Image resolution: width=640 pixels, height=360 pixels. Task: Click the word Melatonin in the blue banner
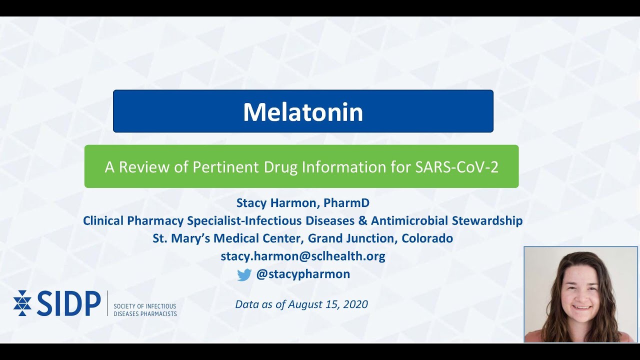(303, 112)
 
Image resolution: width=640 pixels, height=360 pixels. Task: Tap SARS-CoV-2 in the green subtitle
(457, 167)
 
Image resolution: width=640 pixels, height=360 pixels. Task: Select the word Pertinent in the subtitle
(225, 167)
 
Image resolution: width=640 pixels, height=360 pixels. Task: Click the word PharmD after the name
(346, 203)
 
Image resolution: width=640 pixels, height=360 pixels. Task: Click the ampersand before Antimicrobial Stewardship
(362, 220)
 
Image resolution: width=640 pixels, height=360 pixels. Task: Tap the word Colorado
(427, 238)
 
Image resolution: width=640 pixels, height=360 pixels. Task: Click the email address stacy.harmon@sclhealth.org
(303, 256)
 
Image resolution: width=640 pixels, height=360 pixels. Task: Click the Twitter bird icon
(244, 275)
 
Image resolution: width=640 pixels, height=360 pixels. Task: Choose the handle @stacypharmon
(303, 274)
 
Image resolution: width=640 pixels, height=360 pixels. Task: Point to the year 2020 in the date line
(355, 304)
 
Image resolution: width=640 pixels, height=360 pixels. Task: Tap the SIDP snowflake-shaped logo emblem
(22, 303)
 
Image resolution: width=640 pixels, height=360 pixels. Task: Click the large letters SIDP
(68, 303)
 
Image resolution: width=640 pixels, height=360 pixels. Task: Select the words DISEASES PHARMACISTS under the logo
(145, 314)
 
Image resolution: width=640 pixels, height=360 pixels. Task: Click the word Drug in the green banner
(280, 167)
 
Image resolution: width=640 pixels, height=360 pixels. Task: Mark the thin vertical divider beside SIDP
(107, 303)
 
